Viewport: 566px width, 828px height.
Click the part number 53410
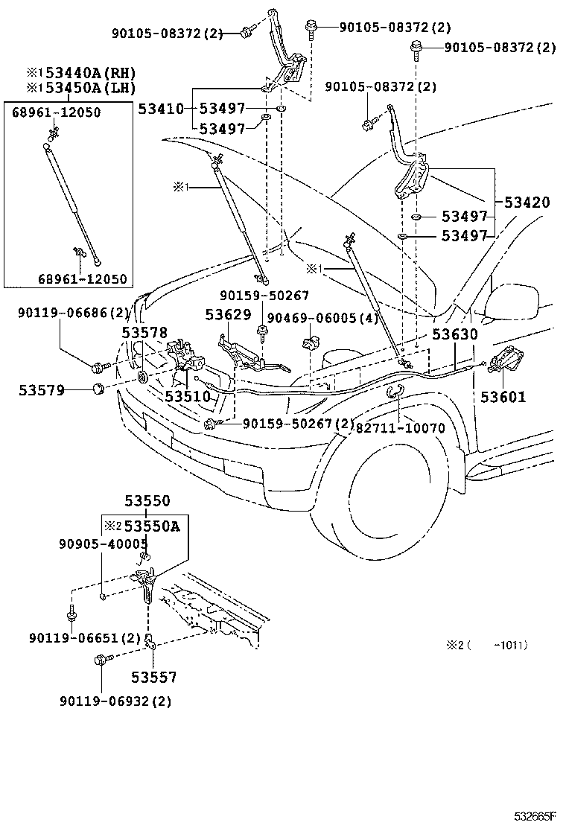pyautogui.click(x=160, y=109)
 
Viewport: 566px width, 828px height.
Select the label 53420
pyautogui.click(x=527, y=203)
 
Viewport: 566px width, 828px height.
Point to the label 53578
pyautogui.click(x=145, y=333)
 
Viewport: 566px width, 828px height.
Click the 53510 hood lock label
pyautogui.click(x=188, y=396)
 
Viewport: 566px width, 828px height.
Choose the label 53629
pyautogui.click(x=227, y=315)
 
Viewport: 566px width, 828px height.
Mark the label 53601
pyautogui.click(x=503, y=397)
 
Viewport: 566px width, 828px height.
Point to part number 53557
pyautogui.click(x=154, y=677)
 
